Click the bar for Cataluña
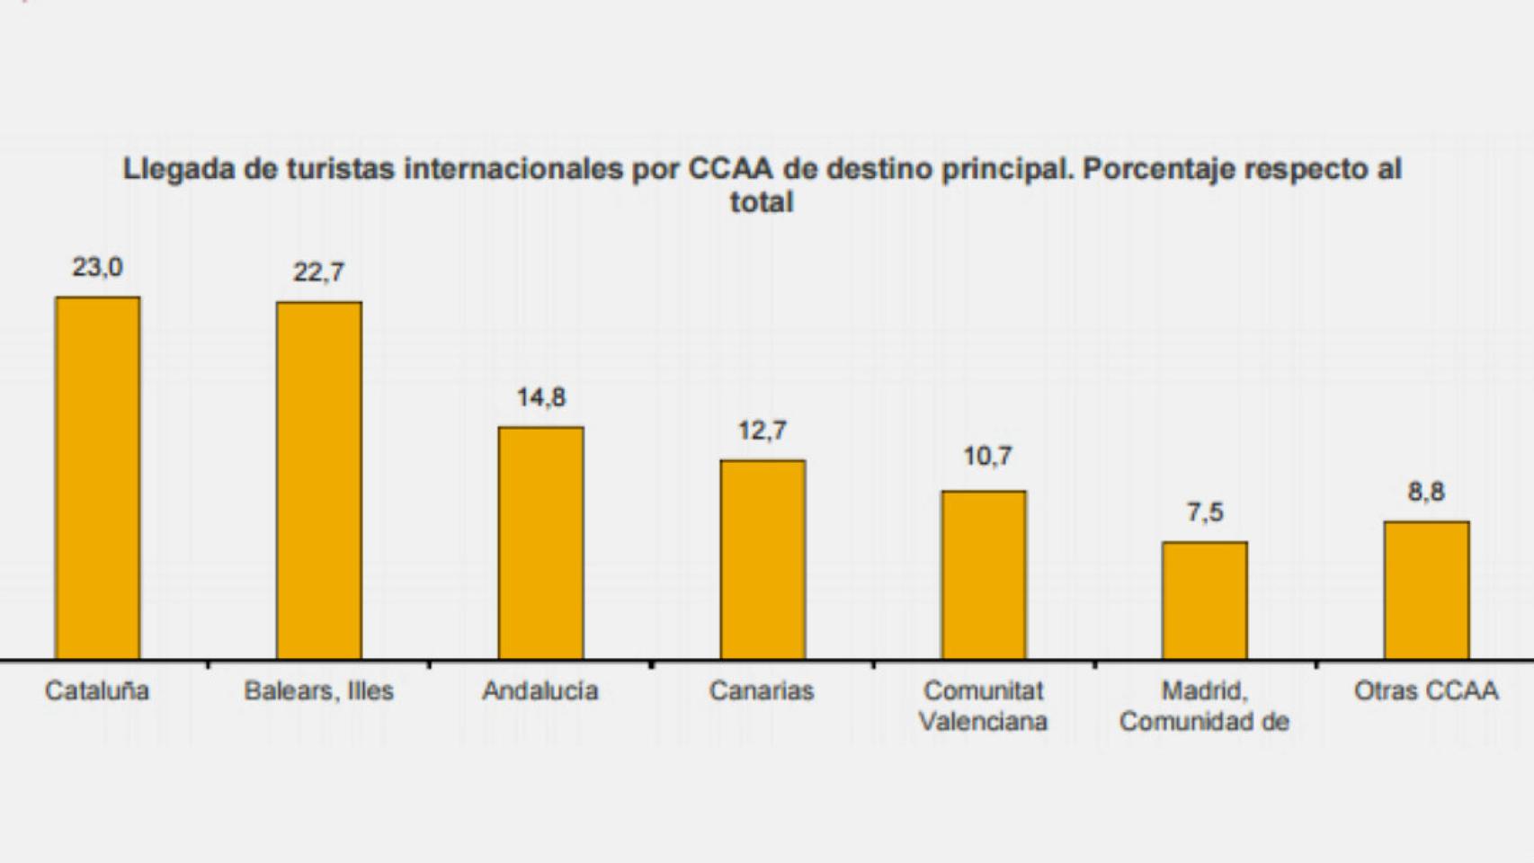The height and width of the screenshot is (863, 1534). pyautogui.click(x=98, y=478)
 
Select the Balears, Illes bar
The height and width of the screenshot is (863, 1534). pyautogui.click(x=319, y=481)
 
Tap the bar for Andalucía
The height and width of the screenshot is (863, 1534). pyautogui.click(x=540, y=543)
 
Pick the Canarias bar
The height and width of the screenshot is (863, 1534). pyautogui.click(x=763, y=560)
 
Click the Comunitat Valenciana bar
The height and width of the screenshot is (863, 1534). pyautogui.click(x=984, y=575)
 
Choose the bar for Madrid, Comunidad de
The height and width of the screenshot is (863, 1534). pyautogui.click(x=1205, y=601)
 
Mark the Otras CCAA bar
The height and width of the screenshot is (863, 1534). pyautogui.click(x=1427, y=591)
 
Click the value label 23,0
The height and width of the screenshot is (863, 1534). pyautogui.click(x=98, y=267)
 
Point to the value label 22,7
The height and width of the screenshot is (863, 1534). pyautogui.click(x=319, y=272)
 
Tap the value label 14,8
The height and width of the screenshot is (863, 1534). pyautogui.click(x=540, y=397)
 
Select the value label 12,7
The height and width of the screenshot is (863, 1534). pyautogui.click(x=763, y=431)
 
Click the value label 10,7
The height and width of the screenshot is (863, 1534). pyautogui.click(x=987, y=457)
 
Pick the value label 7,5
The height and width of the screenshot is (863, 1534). pyautogui.click(x=1205, y=512)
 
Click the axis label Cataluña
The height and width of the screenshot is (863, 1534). pyautogui.click(x=97, y=691)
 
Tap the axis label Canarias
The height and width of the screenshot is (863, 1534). pyautogui.click(x=762, y=691)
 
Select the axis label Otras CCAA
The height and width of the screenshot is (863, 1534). pyautogui.click(x=1426, y=691)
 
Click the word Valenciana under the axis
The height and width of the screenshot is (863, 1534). pyautogui.click(x=984, y=722)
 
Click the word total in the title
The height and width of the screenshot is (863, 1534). pyautogui.click(x=762, y=202)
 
